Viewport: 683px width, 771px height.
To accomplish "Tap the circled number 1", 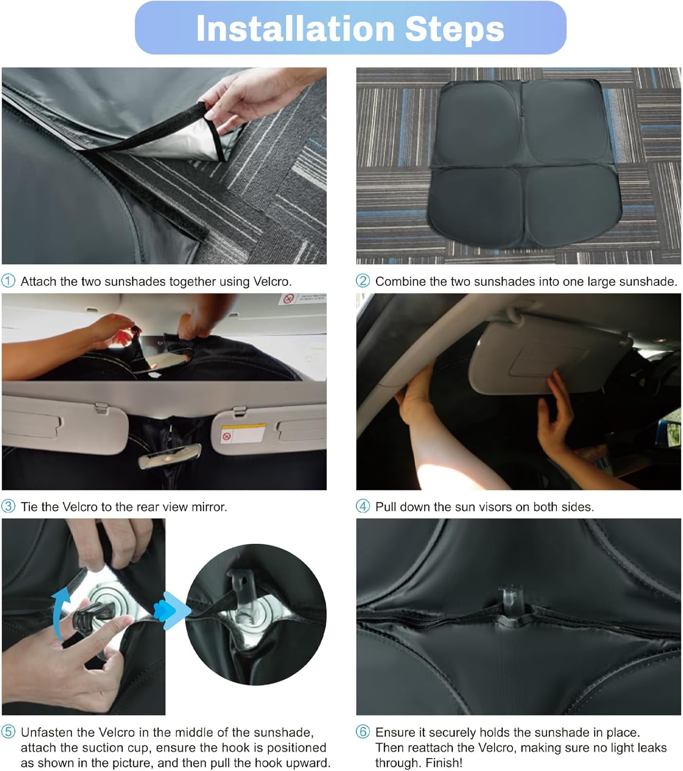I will click(8, 281).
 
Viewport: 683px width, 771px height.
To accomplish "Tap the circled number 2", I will click(363, 281).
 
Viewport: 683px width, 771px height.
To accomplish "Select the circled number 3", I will click(8, 506).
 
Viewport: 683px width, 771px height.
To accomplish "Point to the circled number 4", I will click(363, 506).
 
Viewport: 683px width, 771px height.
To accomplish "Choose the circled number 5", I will click(8, 732).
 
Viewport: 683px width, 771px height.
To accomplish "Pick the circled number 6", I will click(363, 732).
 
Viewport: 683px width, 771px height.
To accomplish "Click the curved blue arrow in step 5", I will click(60, 609).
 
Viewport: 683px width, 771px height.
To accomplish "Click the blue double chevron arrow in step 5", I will click(175, 609).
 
